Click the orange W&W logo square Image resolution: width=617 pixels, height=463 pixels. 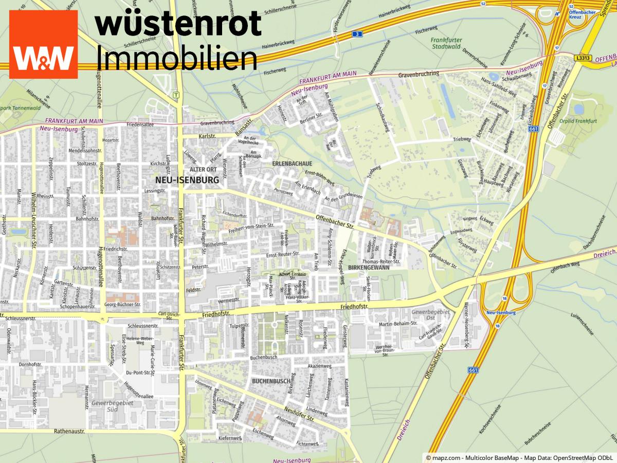click(x=43, y=44)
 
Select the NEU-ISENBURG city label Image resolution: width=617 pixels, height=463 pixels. click(x=187, y=181)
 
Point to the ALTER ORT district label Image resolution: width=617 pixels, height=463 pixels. click(x=203, y=169)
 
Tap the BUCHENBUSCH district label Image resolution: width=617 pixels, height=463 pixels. click(x=271, y=381)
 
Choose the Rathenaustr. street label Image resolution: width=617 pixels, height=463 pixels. click(x=69, y=432)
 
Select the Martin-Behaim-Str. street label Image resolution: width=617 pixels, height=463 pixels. click(x=397, y=324)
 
